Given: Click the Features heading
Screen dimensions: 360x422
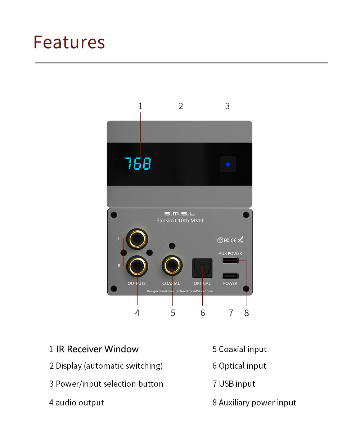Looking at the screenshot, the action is tap(69, 42).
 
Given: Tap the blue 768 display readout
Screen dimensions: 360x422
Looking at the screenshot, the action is tap(138, 164).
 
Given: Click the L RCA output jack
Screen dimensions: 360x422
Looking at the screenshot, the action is tap(137, 239).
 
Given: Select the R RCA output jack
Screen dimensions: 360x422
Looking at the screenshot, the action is tap(137, 266).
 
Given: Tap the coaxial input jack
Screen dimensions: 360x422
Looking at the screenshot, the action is tap(172, 266).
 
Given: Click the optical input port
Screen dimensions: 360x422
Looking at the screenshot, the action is tap(202, 268).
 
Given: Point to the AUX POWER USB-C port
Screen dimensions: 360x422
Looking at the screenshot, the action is tap(230, 261).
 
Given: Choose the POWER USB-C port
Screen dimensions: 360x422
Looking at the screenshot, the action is tap(230, 276).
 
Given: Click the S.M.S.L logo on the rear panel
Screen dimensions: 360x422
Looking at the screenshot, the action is tap(180, 214).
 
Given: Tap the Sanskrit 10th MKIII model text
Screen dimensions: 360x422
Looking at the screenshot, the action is tap(180, 221).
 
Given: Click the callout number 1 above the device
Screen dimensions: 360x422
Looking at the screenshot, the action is tap(140, 106).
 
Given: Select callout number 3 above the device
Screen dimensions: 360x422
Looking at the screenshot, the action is tap(228, 106).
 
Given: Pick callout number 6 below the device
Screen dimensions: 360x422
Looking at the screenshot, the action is tap(203, 313).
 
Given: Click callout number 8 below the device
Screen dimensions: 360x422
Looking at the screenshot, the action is tap(247, 313).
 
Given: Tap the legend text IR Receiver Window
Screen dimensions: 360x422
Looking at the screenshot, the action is tap(97, 349).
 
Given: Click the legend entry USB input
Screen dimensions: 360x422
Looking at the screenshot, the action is tap(237, 384).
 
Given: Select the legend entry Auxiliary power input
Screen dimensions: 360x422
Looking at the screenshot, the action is tap(257, 403).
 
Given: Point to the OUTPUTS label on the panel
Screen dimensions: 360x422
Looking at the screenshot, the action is tap(136, 283).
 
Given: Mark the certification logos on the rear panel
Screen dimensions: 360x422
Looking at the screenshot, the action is tap(230, 240).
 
